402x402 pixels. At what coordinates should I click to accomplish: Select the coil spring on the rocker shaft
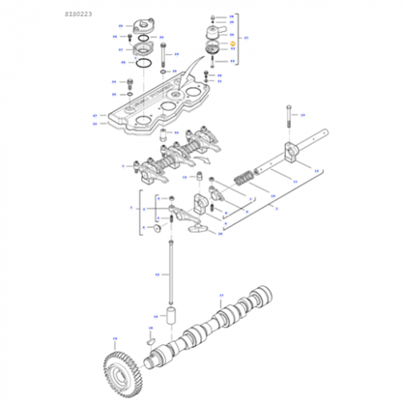(245, 181)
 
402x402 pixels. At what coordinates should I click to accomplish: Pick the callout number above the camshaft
(220, 296)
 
